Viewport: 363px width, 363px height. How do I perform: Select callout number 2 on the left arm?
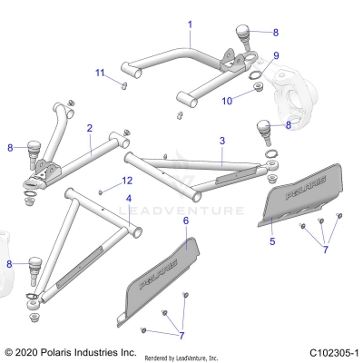(90, 129)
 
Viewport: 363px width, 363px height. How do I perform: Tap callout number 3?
(221, 142)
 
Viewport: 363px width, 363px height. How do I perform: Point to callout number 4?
(129, 197)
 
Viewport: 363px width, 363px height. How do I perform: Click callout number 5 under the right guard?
(272, 242)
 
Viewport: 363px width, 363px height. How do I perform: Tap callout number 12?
(127, 181)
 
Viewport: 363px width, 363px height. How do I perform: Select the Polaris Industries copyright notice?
(71, 351)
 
